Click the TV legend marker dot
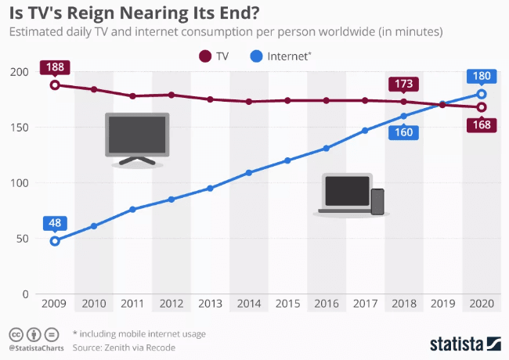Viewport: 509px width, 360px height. click(x=205, y=56)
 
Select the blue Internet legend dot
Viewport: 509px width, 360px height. click(x=256, y=56)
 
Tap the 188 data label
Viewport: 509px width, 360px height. click(x=55, y=67)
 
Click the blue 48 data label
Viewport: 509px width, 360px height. click(x=55, y=223)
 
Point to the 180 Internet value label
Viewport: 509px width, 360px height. click(x=482, y=76)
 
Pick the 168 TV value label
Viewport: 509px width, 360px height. click(x=482, y=125)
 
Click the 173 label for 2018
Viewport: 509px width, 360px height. click(x=404, y=85)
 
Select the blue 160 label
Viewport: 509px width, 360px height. click(x=404, y=132)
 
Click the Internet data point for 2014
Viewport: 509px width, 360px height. click(x=249, y=173)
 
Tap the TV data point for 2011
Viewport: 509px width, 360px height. click(x=132, y=96)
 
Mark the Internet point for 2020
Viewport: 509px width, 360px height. click(x=482, y=94)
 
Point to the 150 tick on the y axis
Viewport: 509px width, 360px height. click(x=20, y=128)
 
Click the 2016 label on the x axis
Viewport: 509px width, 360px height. click(x=327, y=304)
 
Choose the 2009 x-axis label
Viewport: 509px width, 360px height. click(x=54, y=304)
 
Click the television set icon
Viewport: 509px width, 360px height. click(x=137, y=139)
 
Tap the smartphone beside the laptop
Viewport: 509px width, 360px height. click(x=377, y=202)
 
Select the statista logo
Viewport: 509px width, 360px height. click(x=466, y=344)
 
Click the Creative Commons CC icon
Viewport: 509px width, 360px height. click(x=16, y=334)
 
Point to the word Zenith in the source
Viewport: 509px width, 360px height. click(x=118, y=347)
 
